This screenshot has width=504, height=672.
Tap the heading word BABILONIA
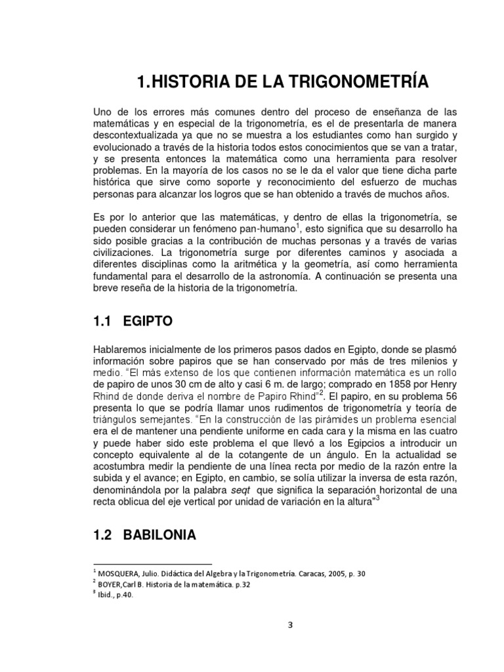164,535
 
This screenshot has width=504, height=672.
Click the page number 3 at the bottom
289,624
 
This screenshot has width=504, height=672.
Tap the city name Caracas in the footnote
298,573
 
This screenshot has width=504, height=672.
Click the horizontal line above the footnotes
152,564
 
